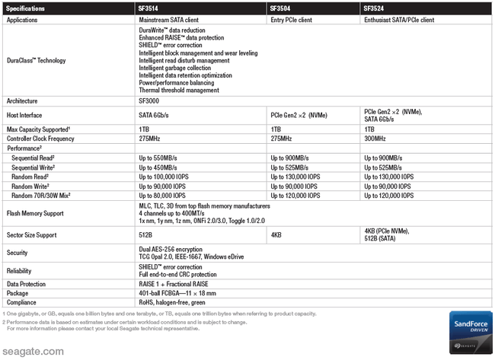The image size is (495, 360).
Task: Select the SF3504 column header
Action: pyautogui.click(x=283, y=8)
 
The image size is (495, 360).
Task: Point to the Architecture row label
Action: pyautogui.click(x=22, y=100)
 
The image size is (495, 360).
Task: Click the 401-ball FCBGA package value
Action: pyautogui.click(x=182, y=292)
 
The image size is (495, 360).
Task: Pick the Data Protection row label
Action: pyautogui.click(x=27, y=283)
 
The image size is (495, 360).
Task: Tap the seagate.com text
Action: pyautogui.click(x=31, y=352)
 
